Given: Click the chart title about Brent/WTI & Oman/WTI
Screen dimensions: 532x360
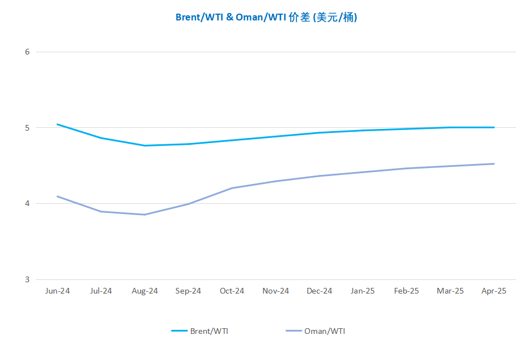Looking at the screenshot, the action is click(x=266, y=17).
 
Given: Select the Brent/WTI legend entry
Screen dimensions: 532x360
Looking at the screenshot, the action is click(x=200, y=331).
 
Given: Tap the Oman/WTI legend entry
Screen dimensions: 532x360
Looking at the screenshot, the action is click(x=316, y=331).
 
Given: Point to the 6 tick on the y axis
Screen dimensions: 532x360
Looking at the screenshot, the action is click(x=27, y=52).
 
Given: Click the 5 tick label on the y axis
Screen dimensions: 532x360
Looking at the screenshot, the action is click(x=27, y=128).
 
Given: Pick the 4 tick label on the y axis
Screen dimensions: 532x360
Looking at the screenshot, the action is click(x=27, y=204).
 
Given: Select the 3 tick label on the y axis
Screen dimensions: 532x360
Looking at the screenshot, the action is click(x=27, y=279).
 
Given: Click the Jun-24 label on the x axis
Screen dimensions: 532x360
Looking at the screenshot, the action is click(x=57, y=291).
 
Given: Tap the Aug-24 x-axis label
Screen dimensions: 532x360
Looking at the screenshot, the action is click(x=145, y=291).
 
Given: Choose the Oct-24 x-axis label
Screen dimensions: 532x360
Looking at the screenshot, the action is click(x=232, y=291).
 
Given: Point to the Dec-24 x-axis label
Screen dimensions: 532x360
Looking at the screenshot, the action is click(x=319, y=291).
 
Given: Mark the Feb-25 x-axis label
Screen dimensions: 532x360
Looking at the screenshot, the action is click(x=407, y=291).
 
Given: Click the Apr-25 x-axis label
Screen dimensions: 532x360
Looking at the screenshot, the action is click(x=494, y=291).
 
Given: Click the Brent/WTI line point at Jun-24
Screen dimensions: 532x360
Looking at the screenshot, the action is click(x=57, y=124).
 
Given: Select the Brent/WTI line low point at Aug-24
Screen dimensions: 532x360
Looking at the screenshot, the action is click(x=145, y=145).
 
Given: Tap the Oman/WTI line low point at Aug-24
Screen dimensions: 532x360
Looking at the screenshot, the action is click(x=145, y=215).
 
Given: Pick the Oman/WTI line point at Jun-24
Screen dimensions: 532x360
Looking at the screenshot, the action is click(x=57, y=196).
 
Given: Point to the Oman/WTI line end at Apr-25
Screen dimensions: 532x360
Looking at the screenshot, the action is click(x=494, y=164).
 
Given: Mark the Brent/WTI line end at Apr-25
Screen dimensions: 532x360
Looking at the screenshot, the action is click(x=494, y=128).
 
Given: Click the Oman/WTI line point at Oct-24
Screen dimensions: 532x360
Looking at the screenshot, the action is click(x=232, y=188).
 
